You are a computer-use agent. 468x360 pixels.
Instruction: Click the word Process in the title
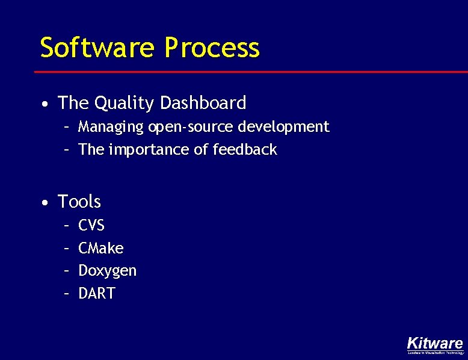point(212,48)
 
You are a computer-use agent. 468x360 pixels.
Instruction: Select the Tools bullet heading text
point(79,201)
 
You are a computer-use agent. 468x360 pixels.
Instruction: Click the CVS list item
point(91,225)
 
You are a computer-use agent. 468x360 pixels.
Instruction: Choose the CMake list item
point(101,248)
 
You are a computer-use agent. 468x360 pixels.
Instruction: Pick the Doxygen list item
point(108,271)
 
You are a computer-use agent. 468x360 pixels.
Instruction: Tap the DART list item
point(96,294)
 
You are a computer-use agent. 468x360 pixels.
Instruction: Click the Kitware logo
point(435,343)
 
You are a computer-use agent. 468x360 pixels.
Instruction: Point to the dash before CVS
point(67,226)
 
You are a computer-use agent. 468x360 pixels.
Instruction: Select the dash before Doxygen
point(67,272)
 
